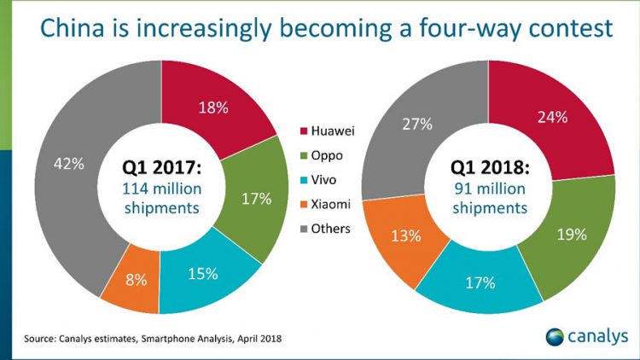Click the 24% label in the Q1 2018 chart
click(x=553, y=118)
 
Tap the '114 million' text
click(x=160, y=188)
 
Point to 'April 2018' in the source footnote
click(x=253, y=340)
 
